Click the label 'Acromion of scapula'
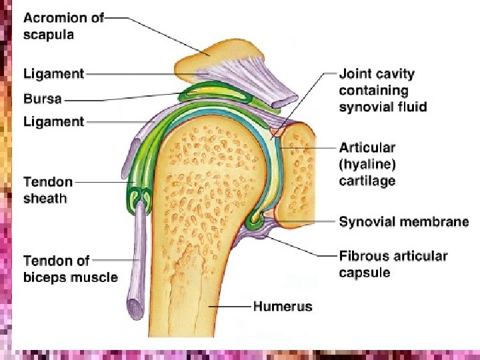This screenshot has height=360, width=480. [63, 25]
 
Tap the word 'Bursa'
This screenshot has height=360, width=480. [43, 99]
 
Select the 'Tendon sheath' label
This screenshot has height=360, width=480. [48, 189]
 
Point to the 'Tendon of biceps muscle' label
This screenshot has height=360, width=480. [70, 269]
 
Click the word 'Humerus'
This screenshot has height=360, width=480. [283, 307]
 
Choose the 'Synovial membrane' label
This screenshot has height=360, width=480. [403, 222]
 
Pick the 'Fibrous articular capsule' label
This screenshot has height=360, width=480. [393, 264]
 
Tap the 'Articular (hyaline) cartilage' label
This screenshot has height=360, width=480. [367, 164]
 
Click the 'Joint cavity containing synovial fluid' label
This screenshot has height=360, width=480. [382, 90]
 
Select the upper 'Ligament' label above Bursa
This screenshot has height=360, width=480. [53, 73]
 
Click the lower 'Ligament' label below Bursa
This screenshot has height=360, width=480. [53, 121]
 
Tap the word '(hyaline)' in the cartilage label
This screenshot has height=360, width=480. [366, 164]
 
